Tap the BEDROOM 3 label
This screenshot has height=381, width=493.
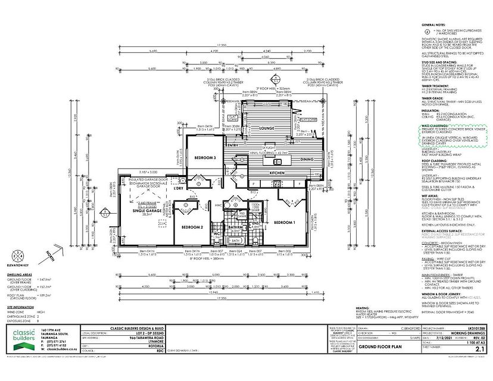pos(205,157)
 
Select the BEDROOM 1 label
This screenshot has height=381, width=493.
pos(283,222)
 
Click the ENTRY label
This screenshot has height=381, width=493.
pos(232,145)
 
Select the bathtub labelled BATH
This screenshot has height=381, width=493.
pos(235,240)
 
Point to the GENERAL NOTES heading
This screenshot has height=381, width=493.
pos(435,26)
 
